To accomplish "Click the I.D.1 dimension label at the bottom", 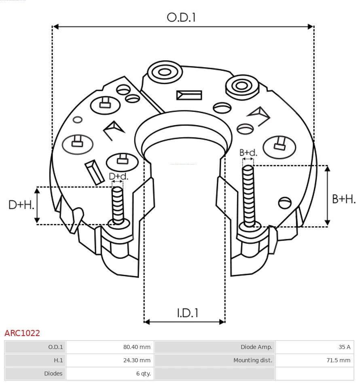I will pyautogui.click(x=187, y=313).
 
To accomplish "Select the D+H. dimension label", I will pyautogui.click(x=21, y=205).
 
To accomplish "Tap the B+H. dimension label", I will pyautogui.click(x=344, y=199).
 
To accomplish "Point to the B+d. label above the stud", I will pyautogui.click(x=248, y=153).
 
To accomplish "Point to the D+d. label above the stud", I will pyautogui.click(x=119, y=177).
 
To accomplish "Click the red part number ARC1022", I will pyautogui.click(x=22, y=333).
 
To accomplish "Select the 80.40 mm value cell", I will pyautogui.click(x=137, y=347).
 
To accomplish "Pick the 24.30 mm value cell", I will pyautogui.click(x=137, y=360).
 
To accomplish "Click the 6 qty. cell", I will pyautogui.click(x=143, y=374).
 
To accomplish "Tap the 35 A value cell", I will pyautogui.click(x=345, y=347).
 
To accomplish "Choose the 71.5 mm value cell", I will pyautogui.click(x=339, y=360).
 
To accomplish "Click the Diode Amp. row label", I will pyautogui.click(x=256, y=347).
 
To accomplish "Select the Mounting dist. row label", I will pyautogui.click(x=253, y=360).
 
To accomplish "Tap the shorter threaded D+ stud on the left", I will pyautogui.click(x=118, y=205).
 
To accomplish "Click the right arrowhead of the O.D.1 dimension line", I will pyautogui.click(x=311, y=27).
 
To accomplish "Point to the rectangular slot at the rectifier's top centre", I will pyautogui.click(x=189, y=95).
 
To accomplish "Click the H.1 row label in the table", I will pyautogui.click(x=58, y=360).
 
